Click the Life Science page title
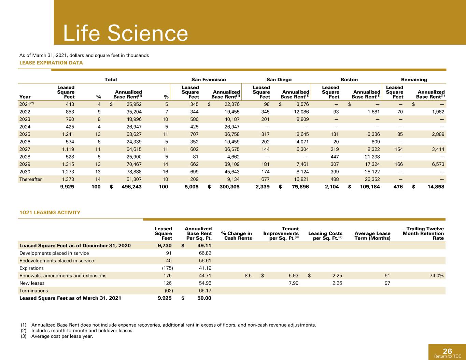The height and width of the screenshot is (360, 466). click(125, 33)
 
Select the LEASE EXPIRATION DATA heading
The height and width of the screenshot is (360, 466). click(51, 63)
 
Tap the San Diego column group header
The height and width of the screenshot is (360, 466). click(279, 80)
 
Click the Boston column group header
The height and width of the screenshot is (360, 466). click(349, 80)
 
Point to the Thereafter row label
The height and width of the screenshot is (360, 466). click(30, 179)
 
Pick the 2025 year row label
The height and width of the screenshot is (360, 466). click(25, 134)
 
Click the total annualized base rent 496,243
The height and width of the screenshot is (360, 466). click(131, 187)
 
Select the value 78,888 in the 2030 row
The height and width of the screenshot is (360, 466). click(134, 172)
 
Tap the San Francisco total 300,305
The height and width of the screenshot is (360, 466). click(229, 187)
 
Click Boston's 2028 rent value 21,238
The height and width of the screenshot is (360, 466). click(372, 157)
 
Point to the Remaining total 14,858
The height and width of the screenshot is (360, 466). click(436, 187)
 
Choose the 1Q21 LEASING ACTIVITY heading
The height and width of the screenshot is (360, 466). click(50, 213)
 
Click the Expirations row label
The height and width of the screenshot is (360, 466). click(31, 268)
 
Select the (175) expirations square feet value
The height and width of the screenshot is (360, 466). click(168, 268)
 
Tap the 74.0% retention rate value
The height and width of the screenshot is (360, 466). click(437, 276)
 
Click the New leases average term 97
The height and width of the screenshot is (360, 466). click(387, 283)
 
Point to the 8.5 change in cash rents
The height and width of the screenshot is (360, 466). click(248, 276)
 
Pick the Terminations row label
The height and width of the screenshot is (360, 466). click(33, 291)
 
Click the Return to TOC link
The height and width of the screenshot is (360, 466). click(448, 356)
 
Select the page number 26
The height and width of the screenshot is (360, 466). click(447, 351)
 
